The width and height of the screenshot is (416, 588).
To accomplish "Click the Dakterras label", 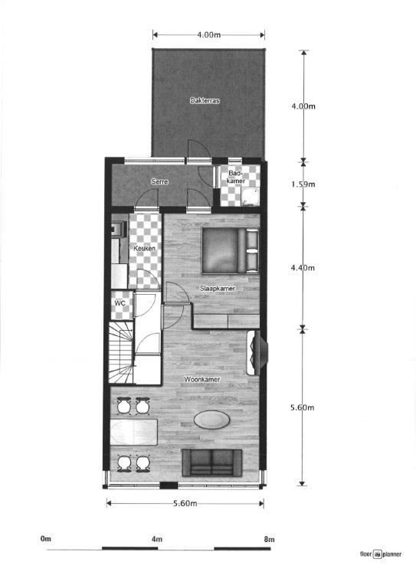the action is (x=205, y=100).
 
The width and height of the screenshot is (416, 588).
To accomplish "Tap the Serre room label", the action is (x=159, y=181).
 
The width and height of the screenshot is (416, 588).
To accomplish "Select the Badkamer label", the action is (x=237, y=177).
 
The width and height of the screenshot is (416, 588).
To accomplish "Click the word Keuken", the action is (x=145, y=248).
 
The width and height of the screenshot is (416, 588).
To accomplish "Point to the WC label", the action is (x=120, y=303).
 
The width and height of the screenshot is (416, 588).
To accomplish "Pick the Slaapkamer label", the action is (x=218, y=289).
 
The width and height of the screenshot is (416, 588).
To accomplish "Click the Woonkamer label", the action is (x=201, y=379).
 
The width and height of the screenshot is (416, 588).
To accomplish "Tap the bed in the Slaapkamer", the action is (x=231, y=250).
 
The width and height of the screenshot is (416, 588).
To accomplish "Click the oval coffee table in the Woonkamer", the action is (x=212, y=420).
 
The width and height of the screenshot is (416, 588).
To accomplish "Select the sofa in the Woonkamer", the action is (x=212, y=462).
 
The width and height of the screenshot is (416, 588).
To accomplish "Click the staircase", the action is (x=121, y=352).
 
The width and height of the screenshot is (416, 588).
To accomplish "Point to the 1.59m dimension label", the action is (x=303, y=184).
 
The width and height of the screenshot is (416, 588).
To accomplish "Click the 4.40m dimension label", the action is (x=303, y=268).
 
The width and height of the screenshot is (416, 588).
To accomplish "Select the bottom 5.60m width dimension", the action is (x=185, y=503).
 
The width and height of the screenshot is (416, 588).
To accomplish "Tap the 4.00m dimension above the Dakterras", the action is (x=208, y=35).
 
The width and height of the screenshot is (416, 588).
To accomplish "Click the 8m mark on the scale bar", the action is (x=270, y=539).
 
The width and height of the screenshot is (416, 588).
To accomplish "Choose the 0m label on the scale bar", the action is (x=46, y=539).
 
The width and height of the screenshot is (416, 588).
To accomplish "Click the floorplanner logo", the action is (x=381, y=554).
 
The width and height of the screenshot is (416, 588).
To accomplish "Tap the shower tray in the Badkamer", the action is (x=250, y=197).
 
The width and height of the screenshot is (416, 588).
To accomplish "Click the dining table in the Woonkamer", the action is (x=134, y=432).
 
